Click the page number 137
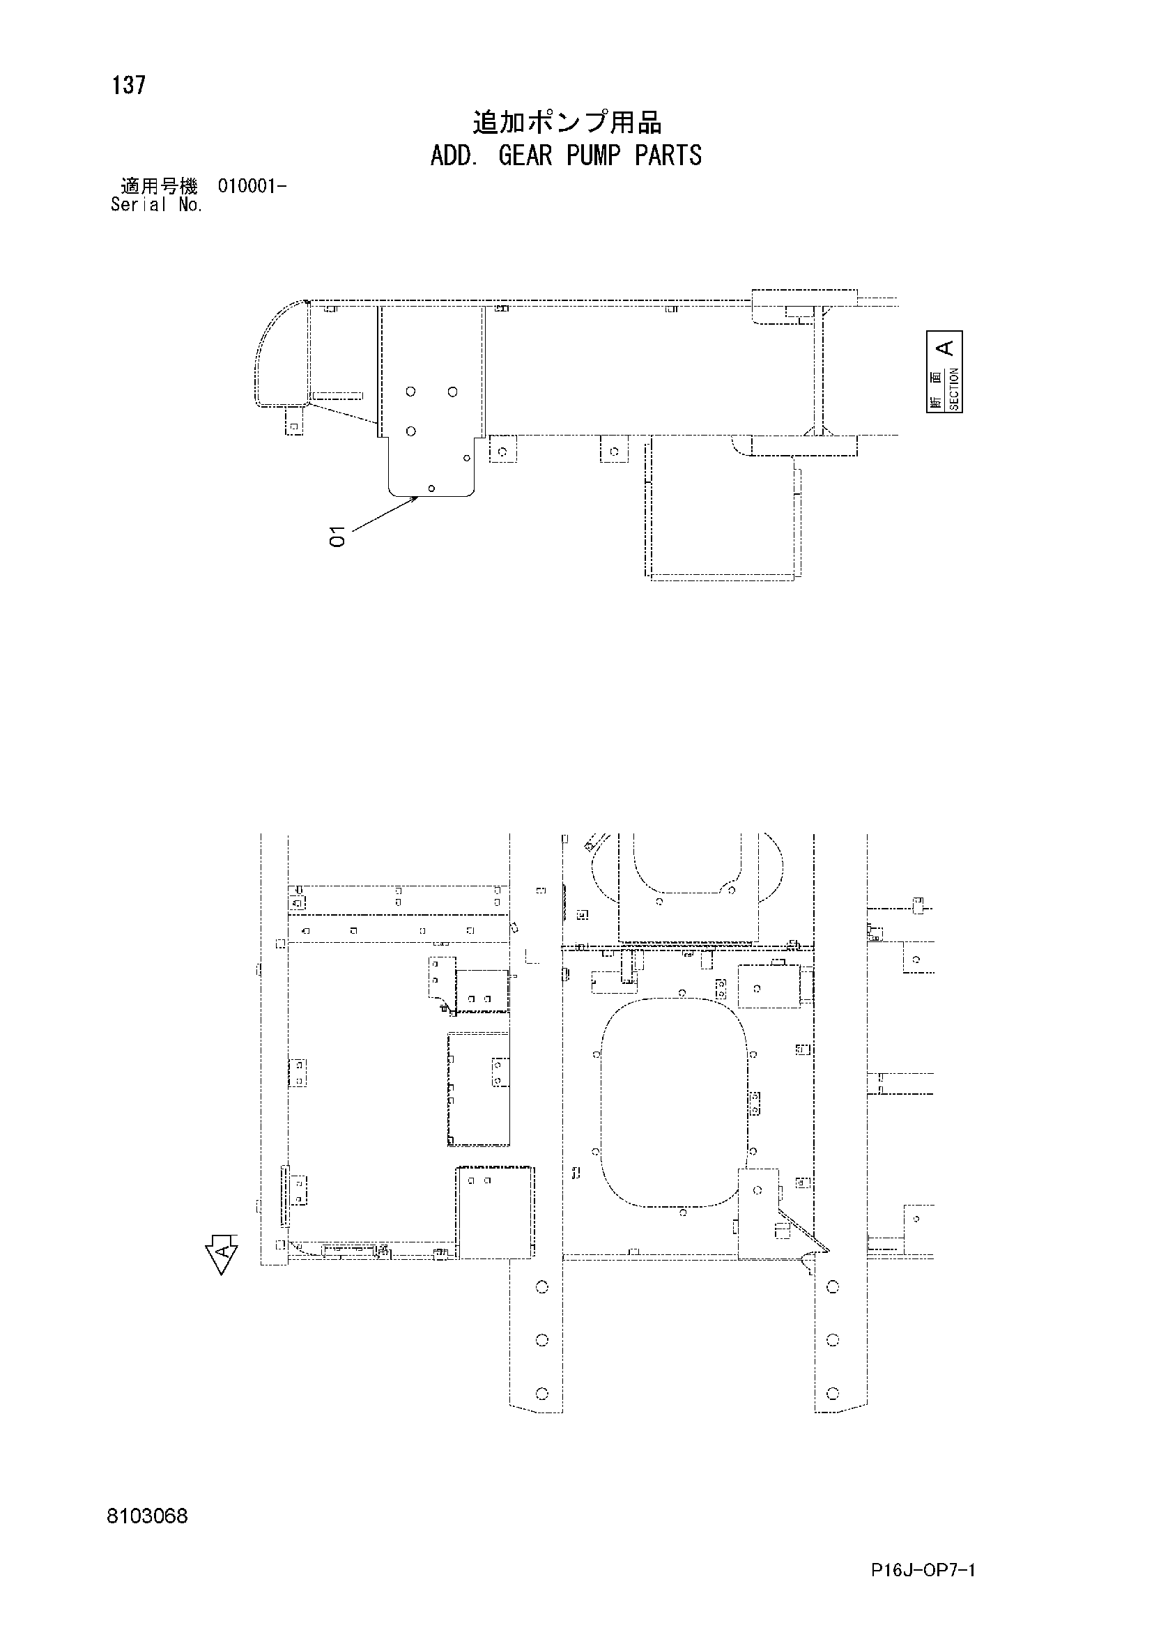click(x=129, y=85)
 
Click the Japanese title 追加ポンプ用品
click(x=567, y=123)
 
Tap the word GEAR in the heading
click(x=525, y=155)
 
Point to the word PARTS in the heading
click(x=668, y=155)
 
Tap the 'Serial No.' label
click(x=156, y=205)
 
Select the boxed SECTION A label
click(x=944, y=371)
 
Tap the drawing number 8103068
click(x=148, y=1517)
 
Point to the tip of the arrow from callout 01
click(x=418, y=498)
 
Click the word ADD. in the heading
click(x=453, y=155)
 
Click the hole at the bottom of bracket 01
click(x=431, y=488)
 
